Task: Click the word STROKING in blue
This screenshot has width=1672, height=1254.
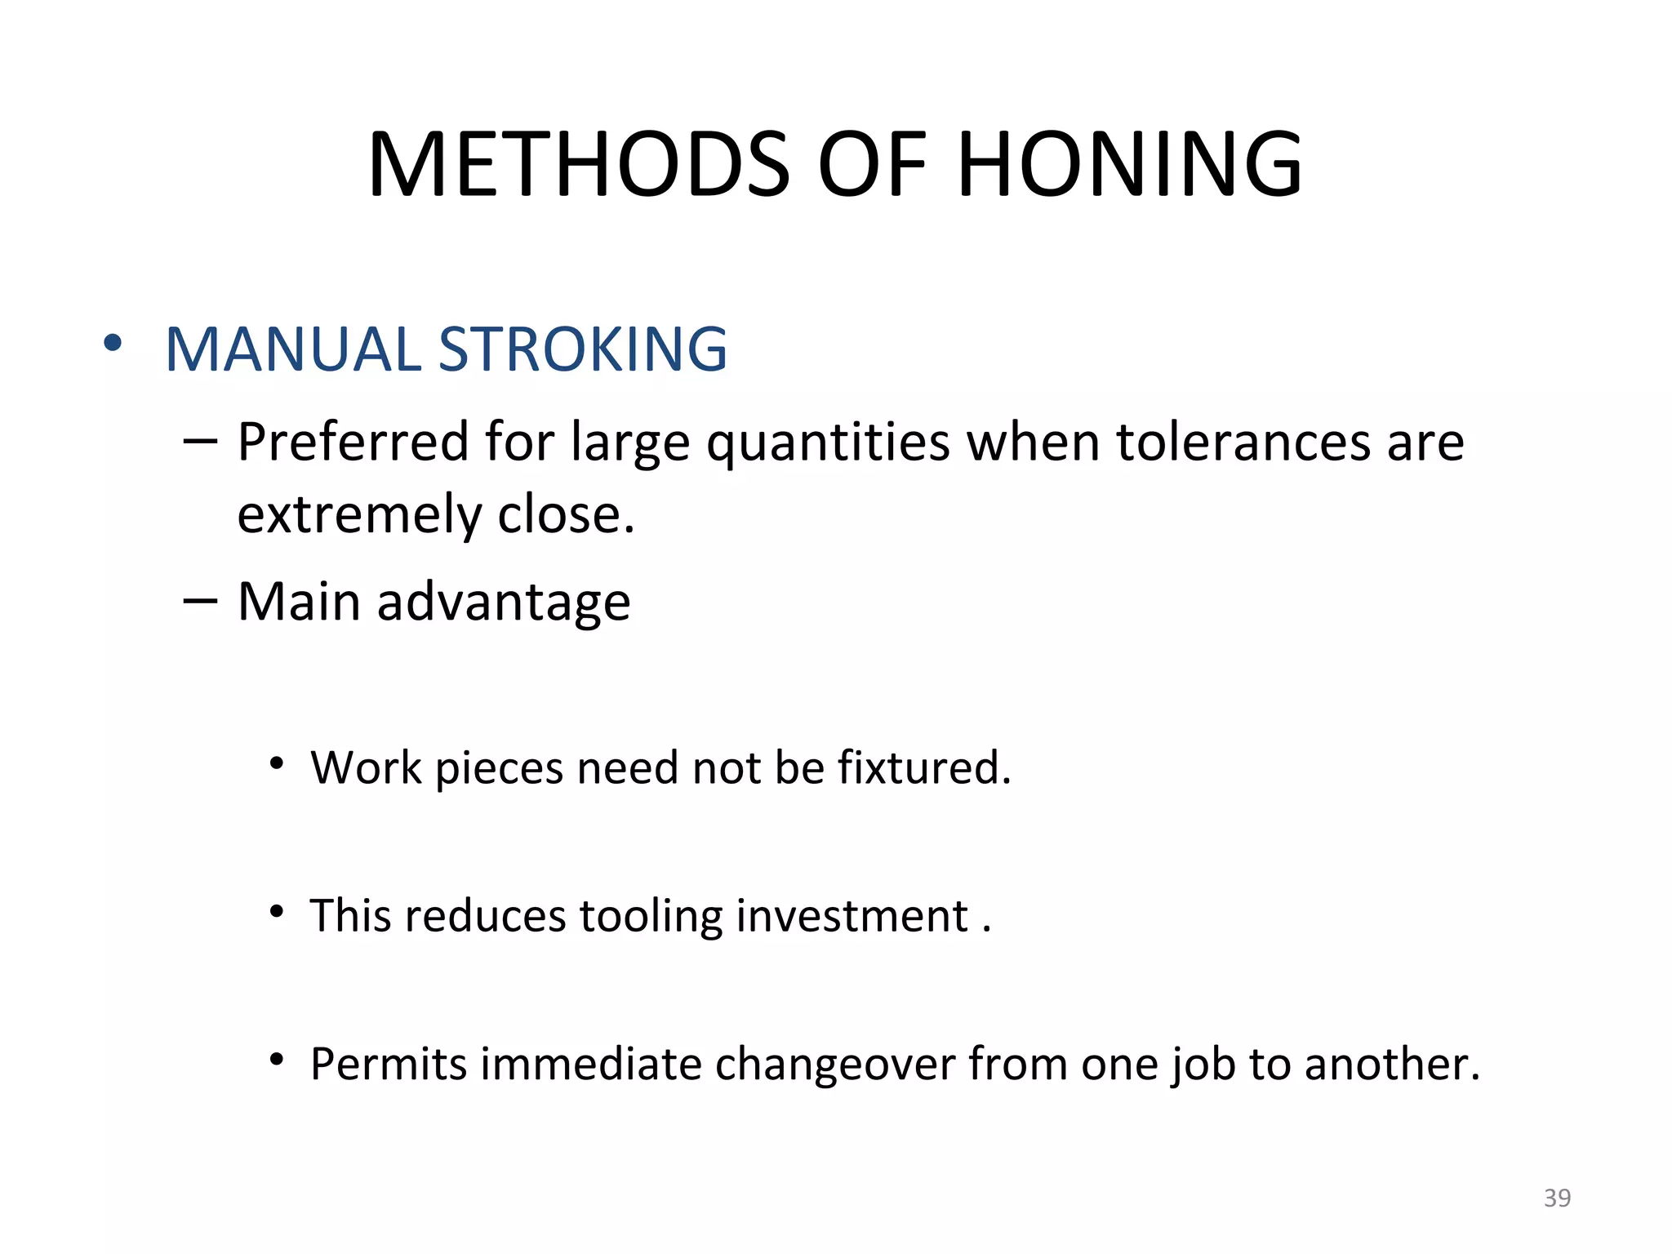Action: (582, 349)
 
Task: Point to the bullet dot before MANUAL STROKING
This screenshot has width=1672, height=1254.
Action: (113, 343)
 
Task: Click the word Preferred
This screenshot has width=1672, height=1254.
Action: (353, 442)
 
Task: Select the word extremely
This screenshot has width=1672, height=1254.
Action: (360, 516)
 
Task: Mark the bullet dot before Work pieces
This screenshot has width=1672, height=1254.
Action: (278, 764)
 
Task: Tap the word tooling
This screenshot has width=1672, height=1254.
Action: (651, 917)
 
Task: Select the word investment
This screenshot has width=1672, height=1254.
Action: (852, 915)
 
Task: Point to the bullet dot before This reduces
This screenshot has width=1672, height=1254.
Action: (278, 911)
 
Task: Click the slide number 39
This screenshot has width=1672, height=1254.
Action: (1557, 1198)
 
